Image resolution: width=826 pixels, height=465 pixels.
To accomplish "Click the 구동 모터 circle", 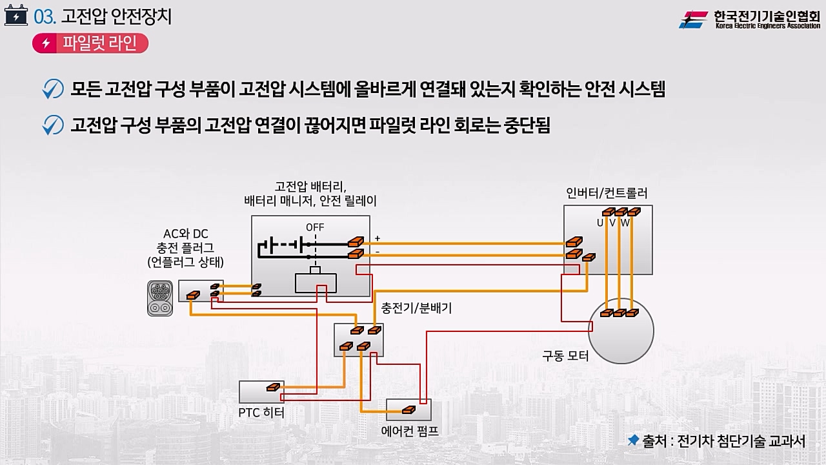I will click(621, 331).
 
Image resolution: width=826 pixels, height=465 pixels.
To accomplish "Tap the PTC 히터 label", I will click(261, 412).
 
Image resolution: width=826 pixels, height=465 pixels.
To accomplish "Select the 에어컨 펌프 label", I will click(410, 430).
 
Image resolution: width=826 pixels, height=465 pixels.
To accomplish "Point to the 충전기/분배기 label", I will click(416, 308).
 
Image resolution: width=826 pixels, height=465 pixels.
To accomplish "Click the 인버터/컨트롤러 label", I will click(607, 193).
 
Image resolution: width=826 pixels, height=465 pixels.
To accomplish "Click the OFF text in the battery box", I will click(315, 227).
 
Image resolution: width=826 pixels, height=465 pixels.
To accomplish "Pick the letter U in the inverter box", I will click(600, 223).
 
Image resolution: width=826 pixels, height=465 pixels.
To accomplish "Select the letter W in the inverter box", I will click(625, 223).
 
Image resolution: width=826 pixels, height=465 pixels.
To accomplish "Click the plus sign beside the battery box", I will click(378, 238).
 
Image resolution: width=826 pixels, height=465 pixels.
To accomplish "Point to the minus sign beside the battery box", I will click(378, 251).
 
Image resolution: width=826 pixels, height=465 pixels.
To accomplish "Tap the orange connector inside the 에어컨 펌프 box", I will click(408, 409).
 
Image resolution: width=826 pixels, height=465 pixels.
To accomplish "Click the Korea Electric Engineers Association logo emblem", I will click(694, 19).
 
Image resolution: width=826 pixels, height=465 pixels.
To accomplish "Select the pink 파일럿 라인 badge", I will click(90, 43).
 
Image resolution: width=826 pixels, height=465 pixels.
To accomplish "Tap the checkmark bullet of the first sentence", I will click(52, 89).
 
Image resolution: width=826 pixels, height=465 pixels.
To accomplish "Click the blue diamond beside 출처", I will click(633, 440).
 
